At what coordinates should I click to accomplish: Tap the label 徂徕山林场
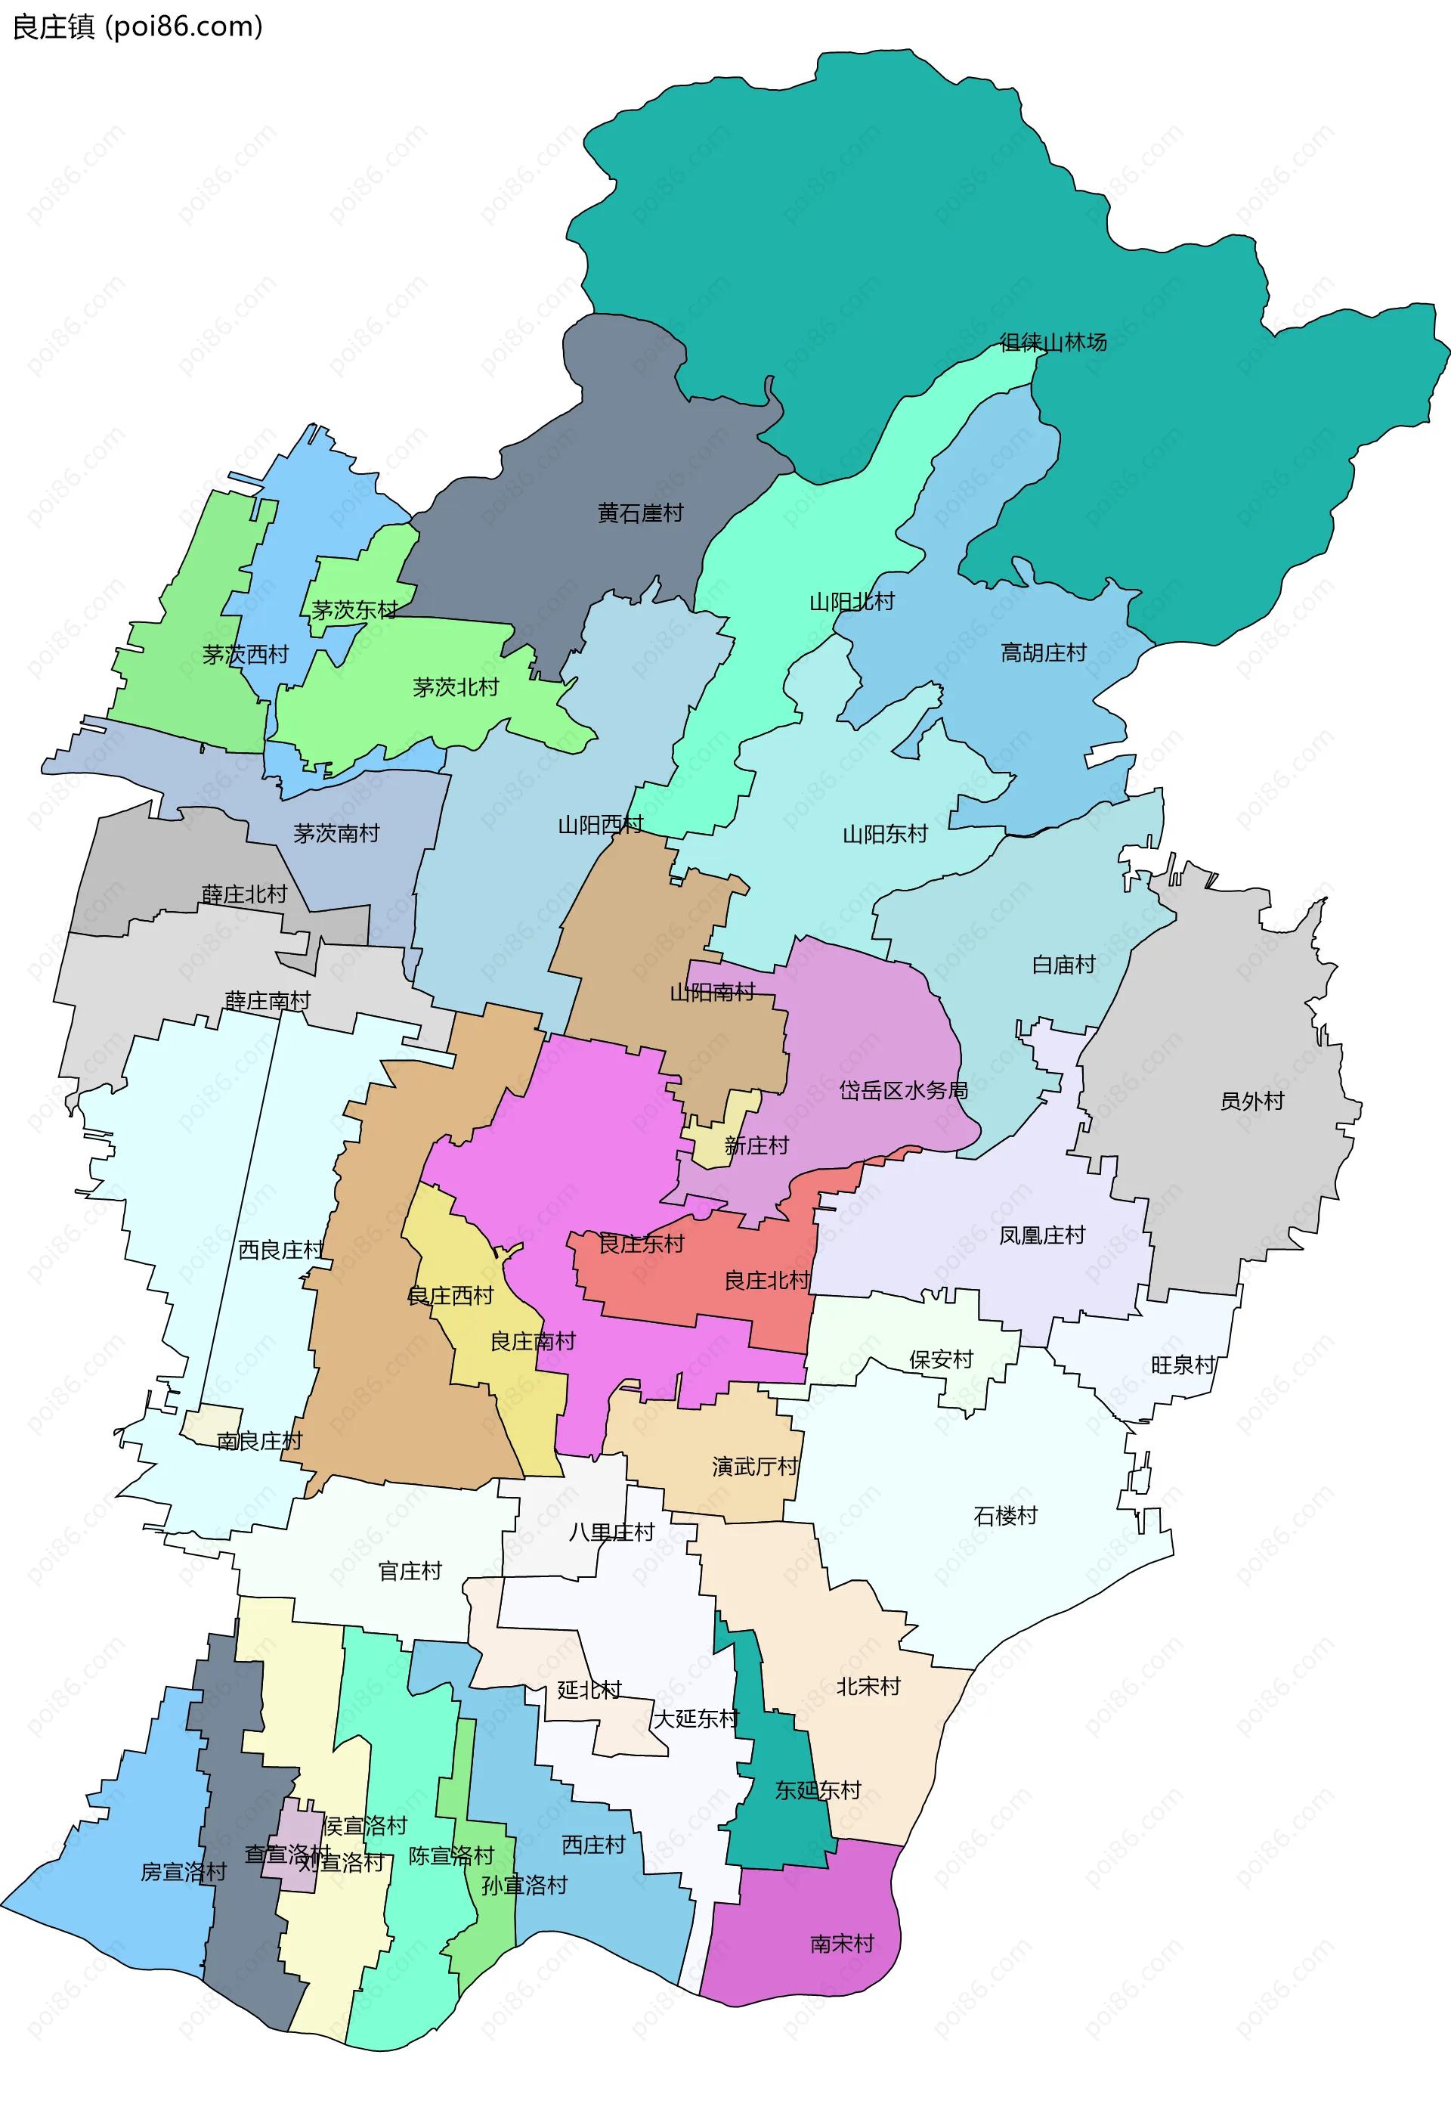1053,342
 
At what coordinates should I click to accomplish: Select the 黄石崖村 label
640,513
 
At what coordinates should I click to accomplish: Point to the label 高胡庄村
1043,652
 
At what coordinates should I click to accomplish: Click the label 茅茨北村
456,686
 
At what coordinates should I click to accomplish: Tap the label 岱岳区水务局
903,1089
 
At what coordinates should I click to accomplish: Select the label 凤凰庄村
1042,1235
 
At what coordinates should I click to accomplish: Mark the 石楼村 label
1004,1515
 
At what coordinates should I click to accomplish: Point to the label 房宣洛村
183,1871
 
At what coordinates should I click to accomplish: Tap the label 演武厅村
753,1466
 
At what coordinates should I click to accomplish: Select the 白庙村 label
1063,964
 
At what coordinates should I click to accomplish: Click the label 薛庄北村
243,894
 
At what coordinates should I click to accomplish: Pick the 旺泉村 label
1182,1365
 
